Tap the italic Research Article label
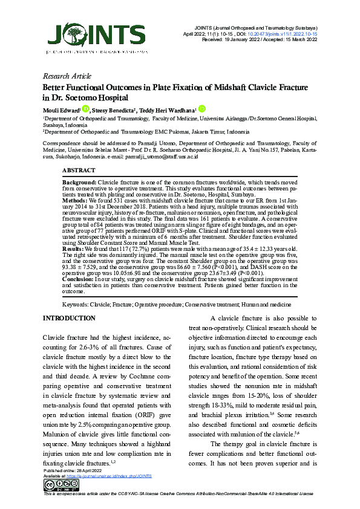[68, 77]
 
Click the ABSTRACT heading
[79, 171]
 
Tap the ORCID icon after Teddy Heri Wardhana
[201, 109]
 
